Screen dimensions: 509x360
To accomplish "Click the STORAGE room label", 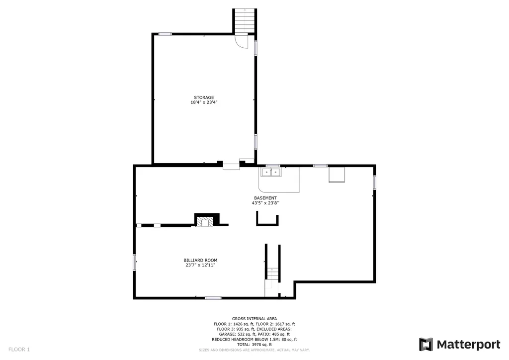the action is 204,97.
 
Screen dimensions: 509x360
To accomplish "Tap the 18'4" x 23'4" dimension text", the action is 204,102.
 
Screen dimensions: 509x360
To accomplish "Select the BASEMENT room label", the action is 265,198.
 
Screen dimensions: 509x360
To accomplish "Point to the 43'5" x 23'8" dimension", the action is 265,203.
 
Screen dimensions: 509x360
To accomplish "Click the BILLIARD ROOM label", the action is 200,260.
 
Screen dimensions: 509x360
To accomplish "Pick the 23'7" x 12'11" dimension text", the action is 200,265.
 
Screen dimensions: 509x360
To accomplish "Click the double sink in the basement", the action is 271,172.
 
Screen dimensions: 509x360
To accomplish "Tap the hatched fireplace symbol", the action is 205,222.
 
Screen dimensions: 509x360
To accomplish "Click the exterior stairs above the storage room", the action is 245,20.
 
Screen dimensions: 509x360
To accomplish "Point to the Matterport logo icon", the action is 425,344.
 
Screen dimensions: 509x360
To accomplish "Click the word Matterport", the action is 468,345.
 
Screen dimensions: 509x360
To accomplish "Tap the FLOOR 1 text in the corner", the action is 19,349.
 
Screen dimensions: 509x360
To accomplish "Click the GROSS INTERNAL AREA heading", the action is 254,319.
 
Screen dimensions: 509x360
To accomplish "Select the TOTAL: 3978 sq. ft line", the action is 254,345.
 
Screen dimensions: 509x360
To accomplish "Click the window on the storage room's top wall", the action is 165,34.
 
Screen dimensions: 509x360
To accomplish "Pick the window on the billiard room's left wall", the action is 134,262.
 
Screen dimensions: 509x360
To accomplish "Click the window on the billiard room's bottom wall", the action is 213,298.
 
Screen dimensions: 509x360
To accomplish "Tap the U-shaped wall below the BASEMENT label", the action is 267,224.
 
